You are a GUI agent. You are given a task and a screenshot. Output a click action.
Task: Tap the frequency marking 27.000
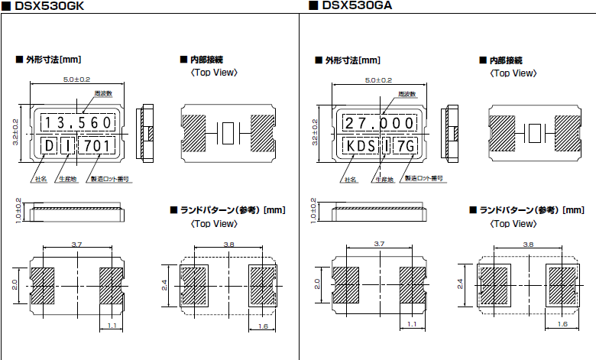[x=377, y=123]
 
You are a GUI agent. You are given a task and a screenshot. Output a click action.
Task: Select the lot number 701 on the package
[x=97, y=145]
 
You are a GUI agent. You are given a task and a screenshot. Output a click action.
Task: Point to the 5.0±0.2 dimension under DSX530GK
[x=76, y=79]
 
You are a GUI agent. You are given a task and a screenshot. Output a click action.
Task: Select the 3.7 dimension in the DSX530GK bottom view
[x=76, y=244]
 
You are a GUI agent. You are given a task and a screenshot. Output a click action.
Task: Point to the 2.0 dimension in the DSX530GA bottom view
[x=316, y=285]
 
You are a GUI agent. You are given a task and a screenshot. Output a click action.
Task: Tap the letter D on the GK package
[x=49, y=145]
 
